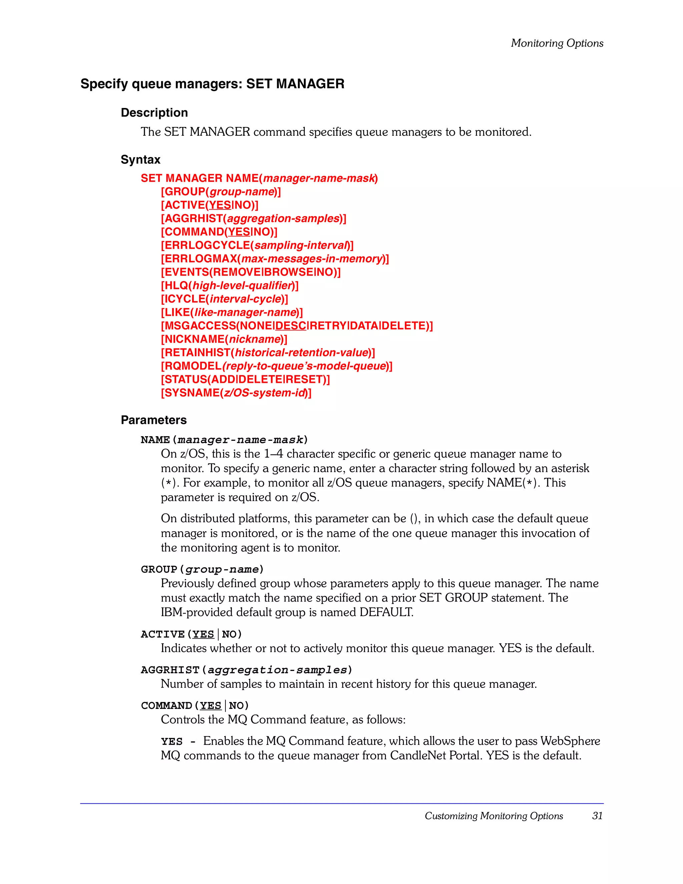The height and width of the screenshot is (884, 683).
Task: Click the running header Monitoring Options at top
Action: [557, 43]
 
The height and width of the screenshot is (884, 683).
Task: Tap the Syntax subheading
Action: [140, 159]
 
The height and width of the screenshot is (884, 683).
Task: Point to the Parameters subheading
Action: [153, 420]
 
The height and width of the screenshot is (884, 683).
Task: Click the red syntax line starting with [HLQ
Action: [229, 285]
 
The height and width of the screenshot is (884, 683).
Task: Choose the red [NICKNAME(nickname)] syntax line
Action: [224, 339]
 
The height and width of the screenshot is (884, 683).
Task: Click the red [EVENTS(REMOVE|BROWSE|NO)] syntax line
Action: [250, 272]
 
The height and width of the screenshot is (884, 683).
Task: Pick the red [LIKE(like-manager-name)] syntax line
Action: [231, 312]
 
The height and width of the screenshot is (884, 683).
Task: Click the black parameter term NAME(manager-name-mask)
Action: [224, 439]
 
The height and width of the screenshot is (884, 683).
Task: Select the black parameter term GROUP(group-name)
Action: [202, 569]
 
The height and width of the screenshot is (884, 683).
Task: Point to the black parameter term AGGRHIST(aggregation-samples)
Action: [246, 670]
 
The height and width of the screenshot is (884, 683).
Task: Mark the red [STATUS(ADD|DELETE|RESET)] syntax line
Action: [245, 380]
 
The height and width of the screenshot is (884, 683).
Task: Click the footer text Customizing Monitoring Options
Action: [494, 816]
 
